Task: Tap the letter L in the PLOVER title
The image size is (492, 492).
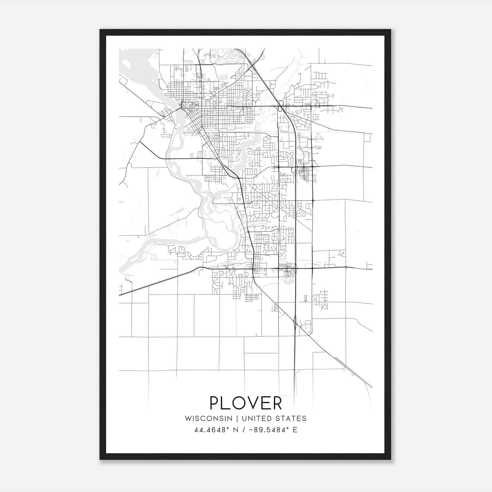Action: [x=227, y=403]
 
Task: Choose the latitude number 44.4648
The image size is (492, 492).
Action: [x=209, y=430]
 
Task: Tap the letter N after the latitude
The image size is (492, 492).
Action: [x=235, y=430]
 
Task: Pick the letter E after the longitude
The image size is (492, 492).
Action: [x=295, y=430]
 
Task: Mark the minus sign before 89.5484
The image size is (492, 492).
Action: [x=251, y=430]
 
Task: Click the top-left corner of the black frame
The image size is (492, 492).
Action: [x=100, y=30]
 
